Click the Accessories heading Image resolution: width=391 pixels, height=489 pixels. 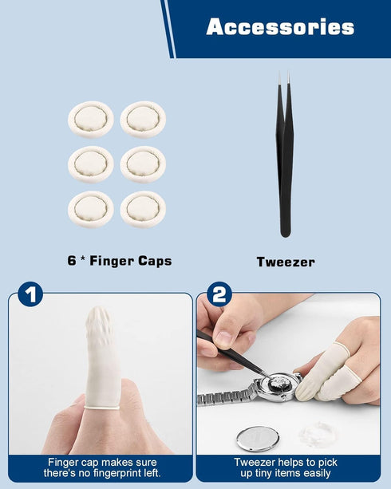280,26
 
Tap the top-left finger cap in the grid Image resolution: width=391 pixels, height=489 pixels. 91,119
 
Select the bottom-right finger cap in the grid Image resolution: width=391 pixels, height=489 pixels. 143,209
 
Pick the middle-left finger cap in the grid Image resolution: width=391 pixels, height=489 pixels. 91,164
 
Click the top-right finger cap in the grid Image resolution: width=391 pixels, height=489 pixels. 143,119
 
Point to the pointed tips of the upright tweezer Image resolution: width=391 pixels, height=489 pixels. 284,75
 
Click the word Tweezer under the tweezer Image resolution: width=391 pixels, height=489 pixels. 286,262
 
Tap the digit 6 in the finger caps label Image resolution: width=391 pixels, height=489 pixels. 72,260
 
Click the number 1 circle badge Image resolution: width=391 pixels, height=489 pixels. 30,294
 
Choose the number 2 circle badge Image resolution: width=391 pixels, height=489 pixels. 219,294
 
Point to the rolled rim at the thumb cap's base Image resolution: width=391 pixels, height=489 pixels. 101,408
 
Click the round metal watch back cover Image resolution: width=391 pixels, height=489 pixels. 258,439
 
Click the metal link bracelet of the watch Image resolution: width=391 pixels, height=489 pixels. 227,395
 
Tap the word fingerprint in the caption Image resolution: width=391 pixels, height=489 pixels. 122,473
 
